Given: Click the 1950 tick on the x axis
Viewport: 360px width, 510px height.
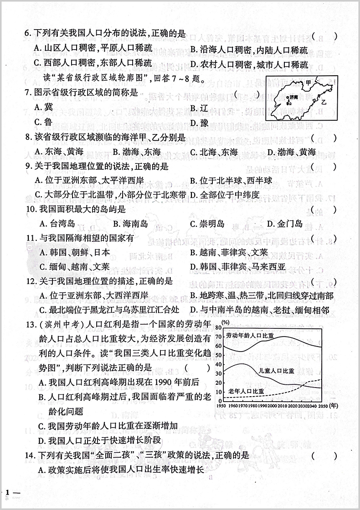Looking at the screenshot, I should pos(222,405).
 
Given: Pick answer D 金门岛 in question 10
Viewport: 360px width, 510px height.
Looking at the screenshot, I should pos(285,223).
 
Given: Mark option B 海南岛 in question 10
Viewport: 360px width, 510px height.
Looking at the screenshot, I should pos(130,223).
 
